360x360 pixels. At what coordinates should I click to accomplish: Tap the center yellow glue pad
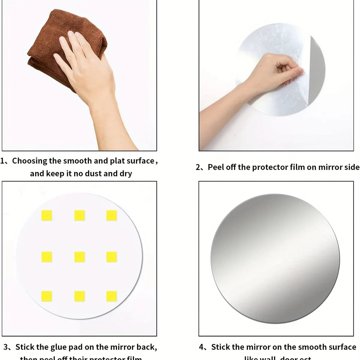pos(79,257)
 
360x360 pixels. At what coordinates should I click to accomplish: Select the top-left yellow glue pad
pos(47,215)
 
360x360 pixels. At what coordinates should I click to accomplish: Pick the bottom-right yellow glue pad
pos(112,296)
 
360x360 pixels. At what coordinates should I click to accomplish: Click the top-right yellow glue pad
pos(112,215)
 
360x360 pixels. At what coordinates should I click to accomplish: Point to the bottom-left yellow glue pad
pos(47,296)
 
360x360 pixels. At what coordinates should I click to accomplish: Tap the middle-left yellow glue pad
pos(47,257)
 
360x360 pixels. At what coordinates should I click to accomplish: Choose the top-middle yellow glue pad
pos(79,215)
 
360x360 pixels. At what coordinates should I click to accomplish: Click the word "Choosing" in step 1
pos(29,161)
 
